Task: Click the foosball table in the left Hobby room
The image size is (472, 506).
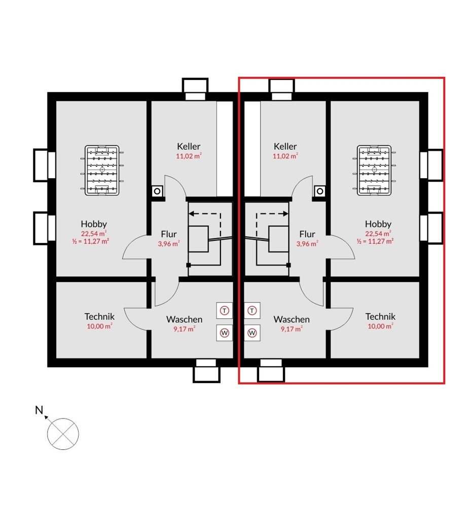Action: (102, 170)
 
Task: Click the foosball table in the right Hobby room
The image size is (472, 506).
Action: (374, 170)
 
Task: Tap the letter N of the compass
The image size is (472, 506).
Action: (39, 410)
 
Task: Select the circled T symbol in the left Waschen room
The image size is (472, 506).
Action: (225, 311)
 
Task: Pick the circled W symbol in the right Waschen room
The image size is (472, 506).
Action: (252, 333)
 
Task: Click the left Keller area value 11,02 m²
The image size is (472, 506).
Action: (189, 156)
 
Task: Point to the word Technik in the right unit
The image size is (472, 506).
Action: (381, 316)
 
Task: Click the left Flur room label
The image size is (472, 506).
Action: (169, 234)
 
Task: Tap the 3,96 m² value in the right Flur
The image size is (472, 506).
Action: (307, 244)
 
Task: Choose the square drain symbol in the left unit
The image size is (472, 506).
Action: (157, 191)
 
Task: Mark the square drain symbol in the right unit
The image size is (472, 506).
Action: (320, 191)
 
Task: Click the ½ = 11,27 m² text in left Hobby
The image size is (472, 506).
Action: (91, 241)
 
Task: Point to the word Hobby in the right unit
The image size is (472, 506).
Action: (378, 224)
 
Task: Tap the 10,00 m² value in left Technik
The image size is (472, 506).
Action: (99, 326)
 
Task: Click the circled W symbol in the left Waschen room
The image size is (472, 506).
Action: (225, 333)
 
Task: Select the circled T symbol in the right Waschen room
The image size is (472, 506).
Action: (252, 311)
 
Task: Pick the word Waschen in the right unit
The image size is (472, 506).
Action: (292, 319)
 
